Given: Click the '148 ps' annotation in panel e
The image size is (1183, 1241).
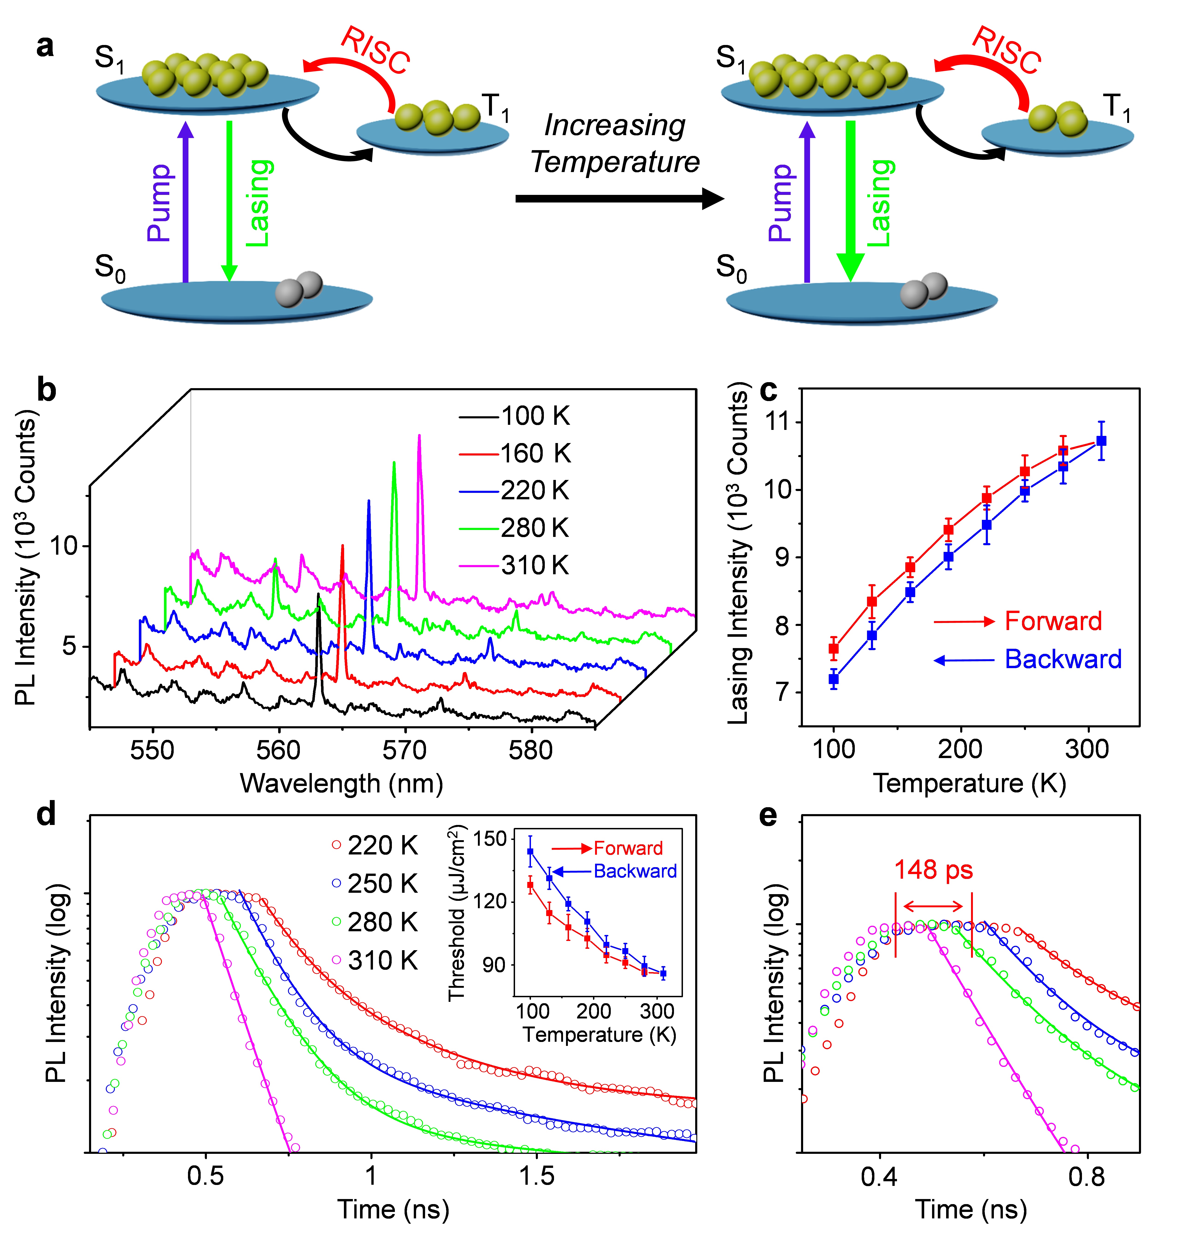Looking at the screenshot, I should point(933,870).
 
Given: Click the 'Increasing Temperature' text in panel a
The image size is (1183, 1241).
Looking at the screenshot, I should point(615,144).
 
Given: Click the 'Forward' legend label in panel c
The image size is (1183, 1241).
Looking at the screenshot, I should point(1053,621).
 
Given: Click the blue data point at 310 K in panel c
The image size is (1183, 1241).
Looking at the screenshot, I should point(1101,441).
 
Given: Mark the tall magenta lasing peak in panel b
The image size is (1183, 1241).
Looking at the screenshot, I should point(419,441).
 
